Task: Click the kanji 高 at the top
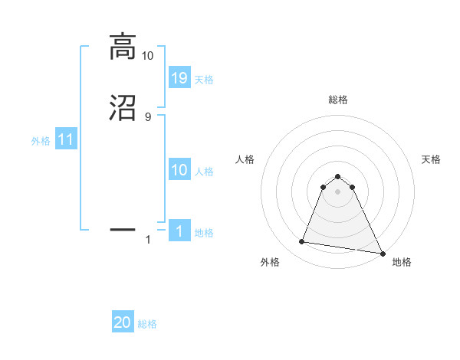pos(123,47)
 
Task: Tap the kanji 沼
pos(123,108)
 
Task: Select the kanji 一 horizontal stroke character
pos(123,229)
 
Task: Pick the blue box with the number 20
pos(123,322)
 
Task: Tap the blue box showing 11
pos(66,140)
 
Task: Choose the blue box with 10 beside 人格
pos(179,171)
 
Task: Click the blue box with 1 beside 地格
pos(179,231)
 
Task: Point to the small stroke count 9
pos(148,117)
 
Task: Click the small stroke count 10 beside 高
pos(148,56)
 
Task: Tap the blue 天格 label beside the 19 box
pos(204,80)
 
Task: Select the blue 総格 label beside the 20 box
pos(147,325)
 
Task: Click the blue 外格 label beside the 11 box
pos(41,142)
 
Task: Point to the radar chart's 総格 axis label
pos(338,100)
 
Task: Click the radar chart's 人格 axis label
pos(245,159)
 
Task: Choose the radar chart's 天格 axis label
pos(431,159)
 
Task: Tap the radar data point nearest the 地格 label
pos(382,252)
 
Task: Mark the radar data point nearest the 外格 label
pos(302,242)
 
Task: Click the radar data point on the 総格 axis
pos(338,175)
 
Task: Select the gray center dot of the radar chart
pos(338,191)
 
